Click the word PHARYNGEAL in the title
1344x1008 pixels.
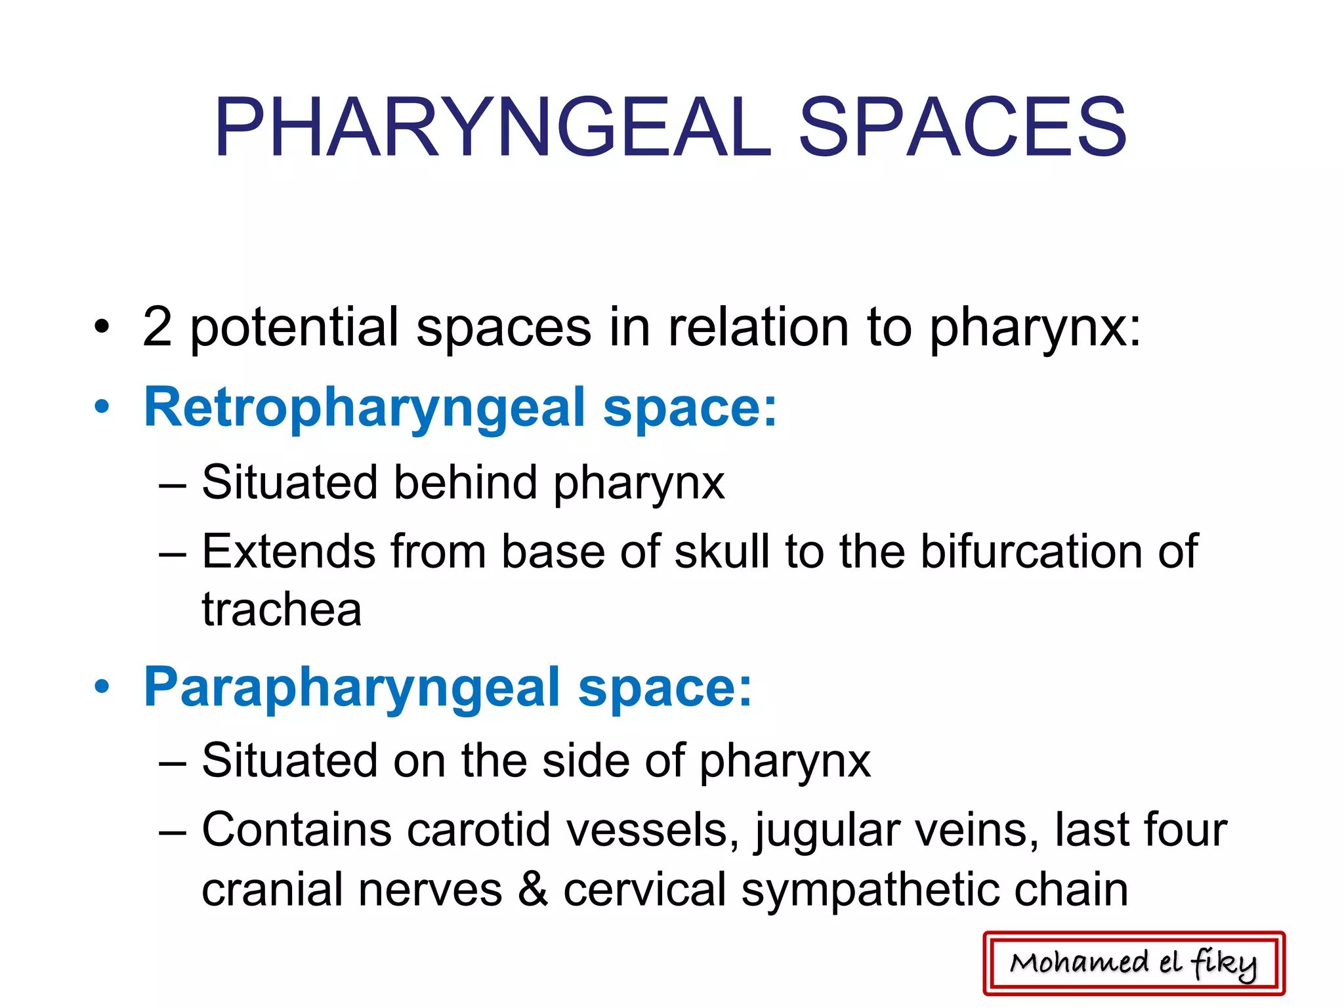pos(492,127)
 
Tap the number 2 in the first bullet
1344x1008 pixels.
pos(157,327)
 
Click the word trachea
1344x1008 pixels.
pos(282,610)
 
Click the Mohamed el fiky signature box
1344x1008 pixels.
pos(1133,963)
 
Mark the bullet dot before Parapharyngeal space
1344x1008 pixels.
pos(102,687)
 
